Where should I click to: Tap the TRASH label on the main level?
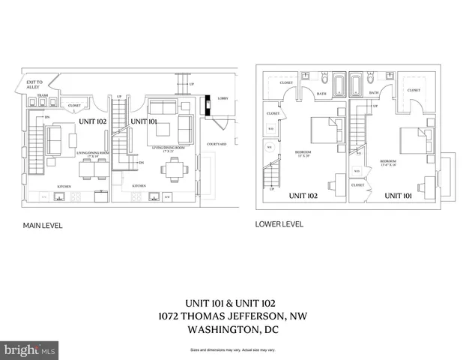point(43,96)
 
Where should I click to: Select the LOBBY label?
point(223,98)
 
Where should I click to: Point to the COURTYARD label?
point(218,145)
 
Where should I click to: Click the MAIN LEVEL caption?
point(42,225)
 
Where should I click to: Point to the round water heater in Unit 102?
point(270,148)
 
